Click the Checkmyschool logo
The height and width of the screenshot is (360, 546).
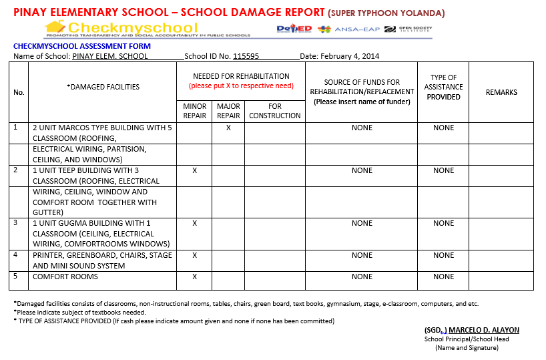tap(121, 28)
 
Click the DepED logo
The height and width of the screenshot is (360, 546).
tap(294, 29)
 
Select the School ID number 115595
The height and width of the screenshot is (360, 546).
tap(246, 57)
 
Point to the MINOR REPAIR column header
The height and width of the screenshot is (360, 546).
tap(195, 111)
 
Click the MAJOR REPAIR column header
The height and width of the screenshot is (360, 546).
tap(228, 111)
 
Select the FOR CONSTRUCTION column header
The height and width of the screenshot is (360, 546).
tap(275, 111)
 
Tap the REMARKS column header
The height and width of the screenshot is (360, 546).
tap(501, 92)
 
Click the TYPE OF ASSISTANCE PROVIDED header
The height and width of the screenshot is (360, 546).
tap(443, 87)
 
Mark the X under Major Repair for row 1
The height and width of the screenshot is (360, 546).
tap(228, 128)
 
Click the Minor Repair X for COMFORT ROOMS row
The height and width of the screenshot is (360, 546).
tap(195, 277)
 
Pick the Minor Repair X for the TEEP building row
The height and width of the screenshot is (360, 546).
tap(195, 170)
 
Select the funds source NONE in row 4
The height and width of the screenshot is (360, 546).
tap(362, 255)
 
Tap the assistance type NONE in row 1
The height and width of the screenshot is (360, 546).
tap(443, 128)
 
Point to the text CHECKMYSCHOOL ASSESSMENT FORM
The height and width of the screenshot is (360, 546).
tap(82, 46)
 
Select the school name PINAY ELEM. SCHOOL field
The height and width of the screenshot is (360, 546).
tap(110, 57)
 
